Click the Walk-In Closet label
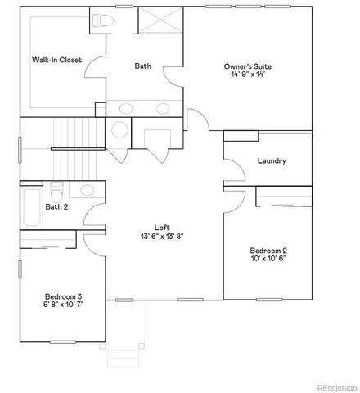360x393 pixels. pyautogui.click(x=56, y=60)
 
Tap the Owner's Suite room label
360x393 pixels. pyautogui.click(x=248, y=66)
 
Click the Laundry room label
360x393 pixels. pyautogui.click(x=271, y=161)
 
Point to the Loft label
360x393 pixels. pyautogui.click(x=162, y=227)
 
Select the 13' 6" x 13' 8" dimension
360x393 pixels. pyautogui.click(x=162, y=237)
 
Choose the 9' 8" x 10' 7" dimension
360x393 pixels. pyautogui.click(x=62, y=305)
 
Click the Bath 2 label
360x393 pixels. pyautogui.click(x=56, y=207)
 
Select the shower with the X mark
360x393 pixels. pyautogui.click(x=160, y=20)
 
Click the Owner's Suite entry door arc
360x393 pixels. pyautogui.click(x=196, y=119)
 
